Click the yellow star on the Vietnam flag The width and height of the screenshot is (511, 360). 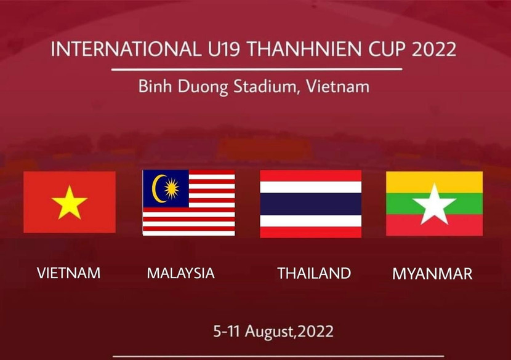(70, 203)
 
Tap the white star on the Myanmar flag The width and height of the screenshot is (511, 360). (434, 204)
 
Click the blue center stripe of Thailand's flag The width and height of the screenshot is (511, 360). (310, 204)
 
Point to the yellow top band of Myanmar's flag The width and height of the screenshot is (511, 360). (434, 182)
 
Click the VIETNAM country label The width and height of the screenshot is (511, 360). (68, 273)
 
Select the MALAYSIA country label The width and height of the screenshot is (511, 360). (180, 273)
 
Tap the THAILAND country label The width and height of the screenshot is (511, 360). (314, 273)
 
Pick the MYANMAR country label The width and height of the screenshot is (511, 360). (432, 274)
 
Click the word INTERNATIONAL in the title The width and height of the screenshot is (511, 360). (121, 49)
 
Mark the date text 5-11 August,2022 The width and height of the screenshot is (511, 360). (273, 331)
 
